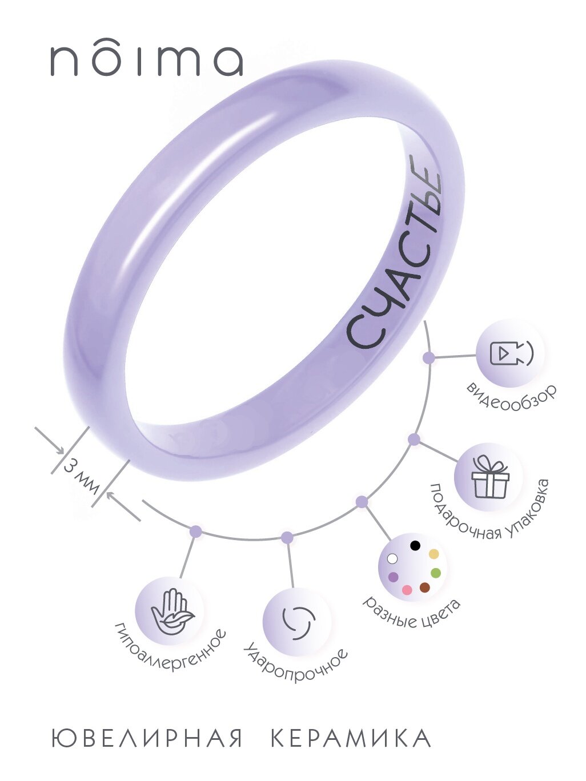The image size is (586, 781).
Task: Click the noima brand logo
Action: point(147,61)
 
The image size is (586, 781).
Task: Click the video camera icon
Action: point(511,353)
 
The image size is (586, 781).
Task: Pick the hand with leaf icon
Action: point(172,612)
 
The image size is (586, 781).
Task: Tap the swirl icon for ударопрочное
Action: point(298,621)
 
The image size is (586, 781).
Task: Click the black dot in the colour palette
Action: point(415,545)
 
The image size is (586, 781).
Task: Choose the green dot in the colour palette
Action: point(436,573)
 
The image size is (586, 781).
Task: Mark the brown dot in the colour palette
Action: point(424,587)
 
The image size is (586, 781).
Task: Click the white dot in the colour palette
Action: point(392,558)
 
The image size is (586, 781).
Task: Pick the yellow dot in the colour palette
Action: point(434,554)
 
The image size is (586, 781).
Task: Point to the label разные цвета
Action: point(413,613)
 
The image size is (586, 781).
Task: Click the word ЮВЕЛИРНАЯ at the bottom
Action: point(147,738)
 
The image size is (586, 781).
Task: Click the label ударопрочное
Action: point(296,666)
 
